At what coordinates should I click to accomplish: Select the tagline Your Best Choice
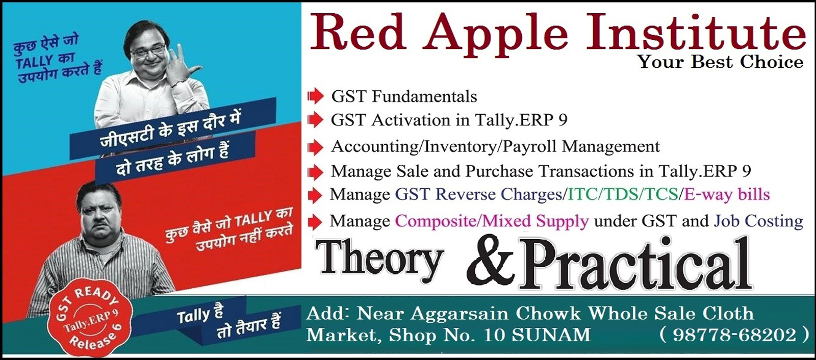(720, 62)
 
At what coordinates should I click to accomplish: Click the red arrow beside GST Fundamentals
(315, 96)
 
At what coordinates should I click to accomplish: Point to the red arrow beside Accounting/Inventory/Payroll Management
(315, 147)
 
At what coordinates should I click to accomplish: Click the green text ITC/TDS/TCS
(623, 194)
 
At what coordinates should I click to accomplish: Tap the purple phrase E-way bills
(727, 194)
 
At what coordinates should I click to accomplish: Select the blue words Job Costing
(758, 221)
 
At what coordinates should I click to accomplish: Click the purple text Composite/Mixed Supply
(492, 221)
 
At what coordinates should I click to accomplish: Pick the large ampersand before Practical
(491, 262)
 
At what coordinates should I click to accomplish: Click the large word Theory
(379, 260)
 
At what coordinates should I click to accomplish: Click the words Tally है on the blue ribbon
(200, 316)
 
